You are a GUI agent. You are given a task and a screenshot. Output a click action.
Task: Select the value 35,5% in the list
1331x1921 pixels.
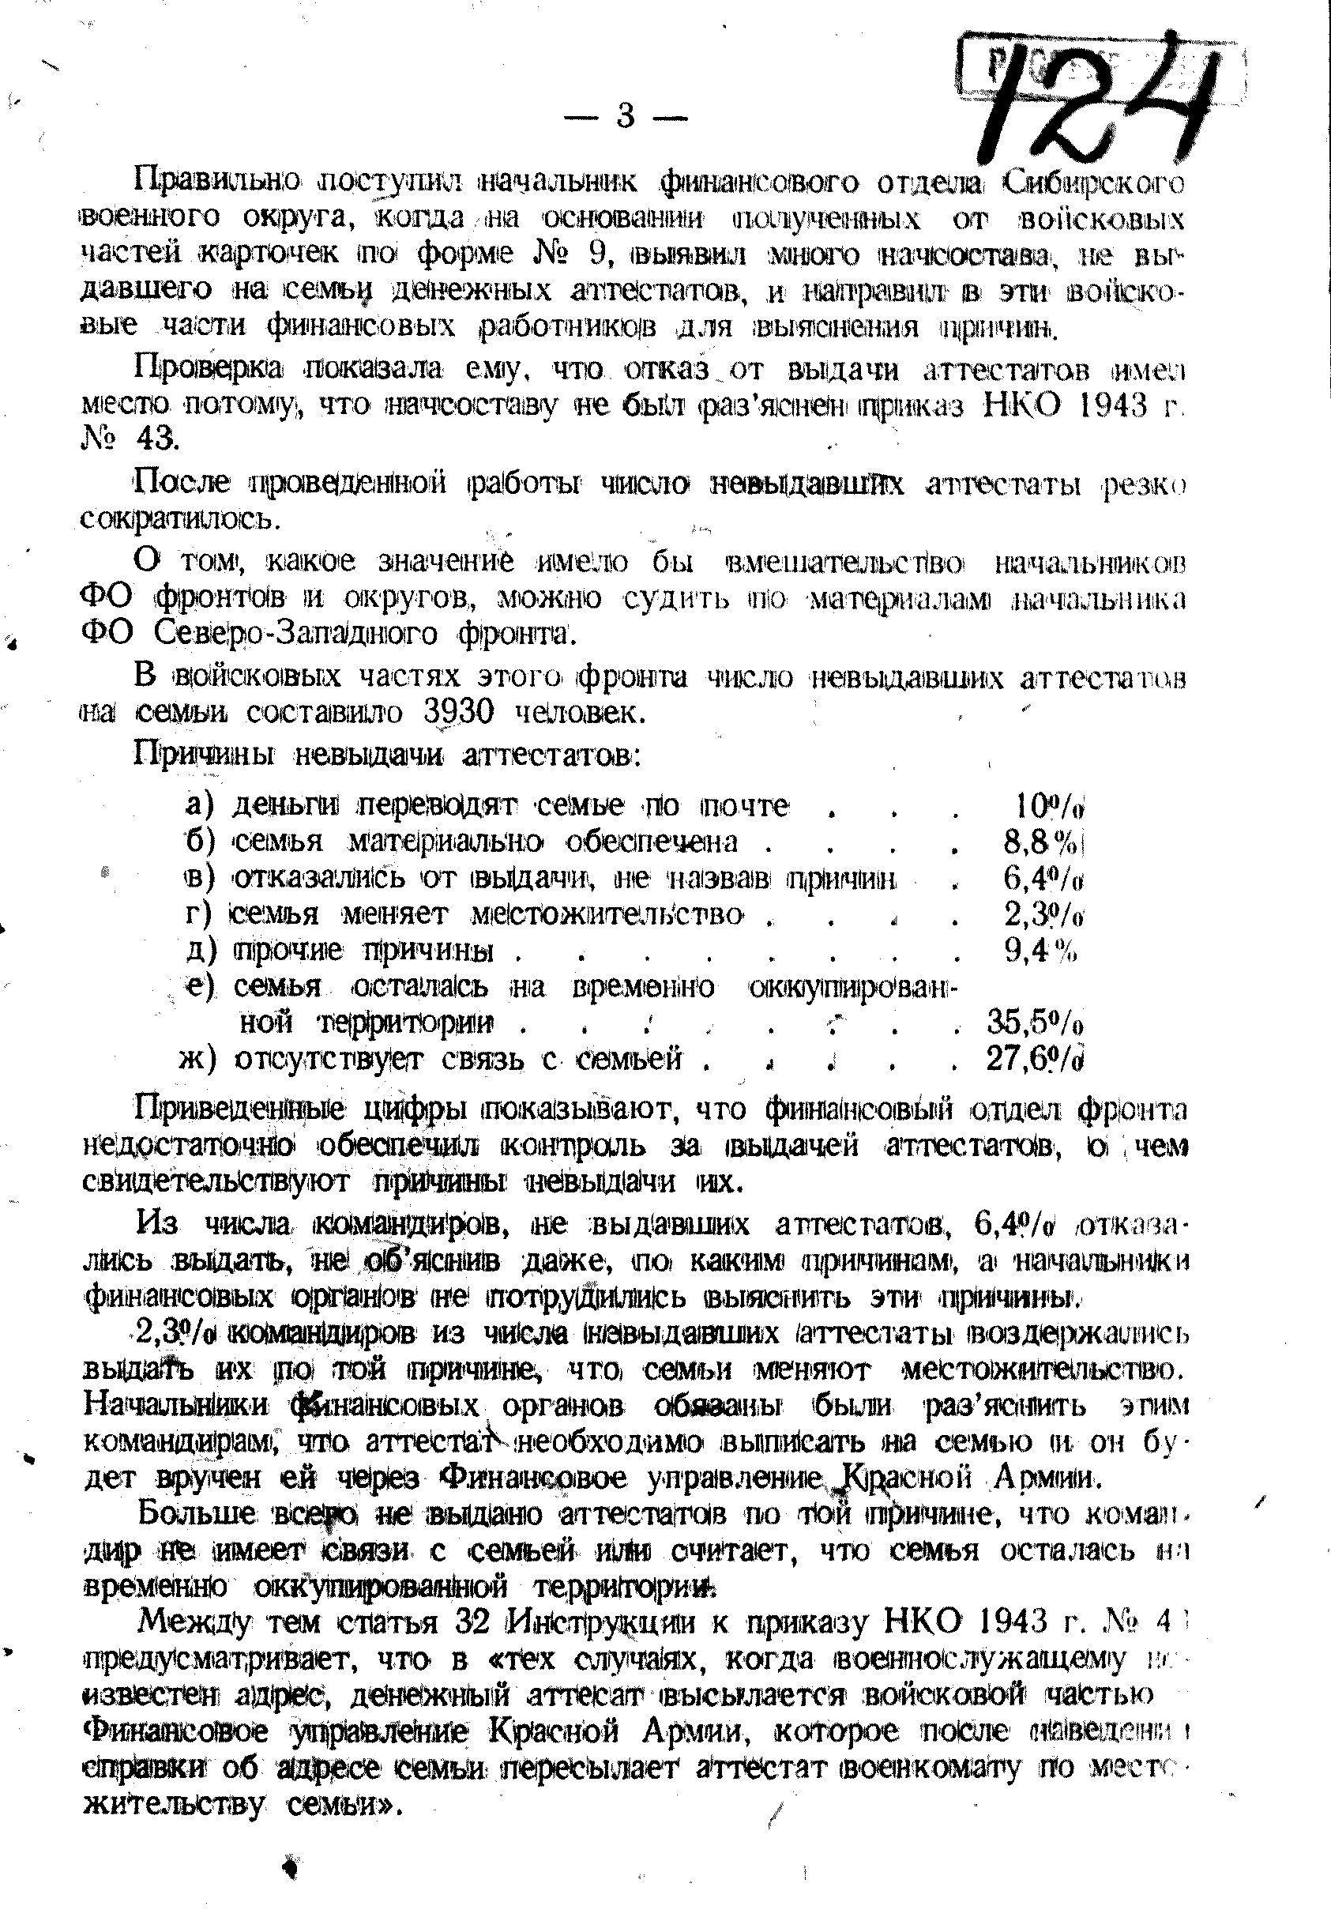coord(1036,1022)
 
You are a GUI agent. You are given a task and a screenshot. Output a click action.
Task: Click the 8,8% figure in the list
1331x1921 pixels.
coord(1043,842)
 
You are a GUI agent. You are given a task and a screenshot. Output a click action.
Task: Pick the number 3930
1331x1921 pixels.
coord(461,712)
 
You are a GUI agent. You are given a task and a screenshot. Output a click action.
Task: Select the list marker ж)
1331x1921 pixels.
coord(197,1060)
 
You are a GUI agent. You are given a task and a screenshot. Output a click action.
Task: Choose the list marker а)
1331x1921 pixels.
coord(200,806)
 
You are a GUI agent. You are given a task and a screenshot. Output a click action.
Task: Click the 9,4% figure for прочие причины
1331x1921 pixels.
coord(1041,950)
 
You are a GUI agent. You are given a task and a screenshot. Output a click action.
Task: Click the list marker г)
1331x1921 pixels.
coord(200,914)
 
